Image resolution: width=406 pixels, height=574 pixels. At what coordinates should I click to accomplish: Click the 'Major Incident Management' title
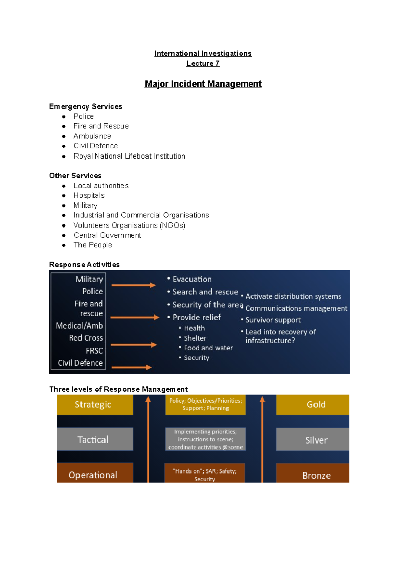[203, 84]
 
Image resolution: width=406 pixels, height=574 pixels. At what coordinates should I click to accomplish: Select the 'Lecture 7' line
[203, 63]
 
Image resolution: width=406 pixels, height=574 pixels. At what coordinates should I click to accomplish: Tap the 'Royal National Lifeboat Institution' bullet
[129, 156]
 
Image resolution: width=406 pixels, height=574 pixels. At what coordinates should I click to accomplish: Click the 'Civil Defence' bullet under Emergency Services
[96, 146]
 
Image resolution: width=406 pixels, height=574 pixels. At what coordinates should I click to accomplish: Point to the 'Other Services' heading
[75, 176]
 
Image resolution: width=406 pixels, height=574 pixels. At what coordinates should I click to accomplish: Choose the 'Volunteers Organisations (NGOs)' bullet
[129, 225]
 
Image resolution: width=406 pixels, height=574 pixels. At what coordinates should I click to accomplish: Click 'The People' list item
[93, 245]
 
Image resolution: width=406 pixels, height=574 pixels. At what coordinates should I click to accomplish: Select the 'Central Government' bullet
[107, 235]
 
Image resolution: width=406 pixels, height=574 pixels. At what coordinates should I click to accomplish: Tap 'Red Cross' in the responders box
[86, 338]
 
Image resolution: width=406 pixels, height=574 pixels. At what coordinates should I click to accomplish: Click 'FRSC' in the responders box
[94, 351]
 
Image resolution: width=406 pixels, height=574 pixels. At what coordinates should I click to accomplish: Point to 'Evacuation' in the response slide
[192, 279]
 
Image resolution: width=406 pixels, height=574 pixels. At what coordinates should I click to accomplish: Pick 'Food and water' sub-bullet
[208, 348]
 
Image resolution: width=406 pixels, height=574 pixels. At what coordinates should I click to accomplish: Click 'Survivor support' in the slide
[273, 320]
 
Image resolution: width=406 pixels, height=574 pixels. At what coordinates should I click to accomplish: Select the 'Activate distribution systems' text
[293, 296]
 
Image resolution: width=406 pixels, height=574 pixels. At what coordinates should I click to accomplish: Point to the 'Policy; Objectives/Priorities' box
[205, 404]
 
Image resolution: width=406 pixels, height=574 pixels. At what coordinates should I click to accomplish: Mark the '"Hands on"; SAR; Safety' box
[204, 473]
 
